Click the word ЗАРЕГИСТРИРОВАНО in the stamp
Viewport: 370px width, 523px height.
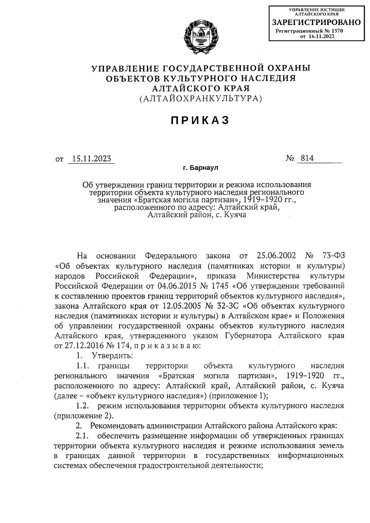pos(316,22)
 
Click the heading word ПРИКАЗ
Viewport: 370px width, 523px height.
pos(200,120)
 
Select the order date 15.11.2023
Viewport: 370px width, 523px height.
pos(91,159)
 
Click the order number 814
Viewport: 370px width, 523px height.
pos(307,158)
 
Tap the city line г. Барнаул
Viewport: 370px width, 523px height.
pos(200,168)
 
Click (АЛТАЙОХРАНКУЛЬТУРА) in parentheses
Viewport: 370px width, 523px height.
pos(201,98)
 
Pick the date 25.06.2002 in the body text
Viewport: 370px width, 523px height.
pos(276,256)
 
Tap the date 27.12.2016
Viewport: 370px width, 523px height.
pos(84,345)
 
